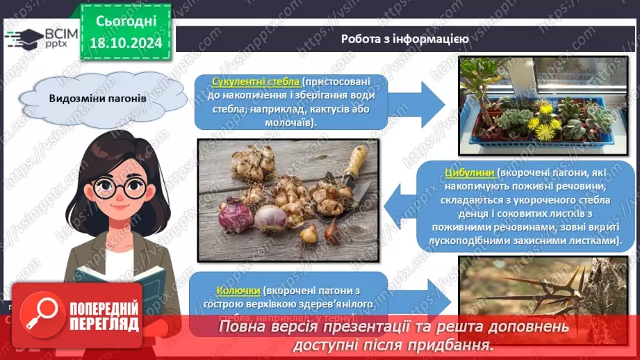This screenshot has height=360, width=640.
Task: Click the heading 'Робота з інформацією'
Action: [x=404, y=39]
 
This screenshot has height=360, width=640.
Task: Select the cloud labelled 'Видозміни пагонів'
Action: [x=97, y=98]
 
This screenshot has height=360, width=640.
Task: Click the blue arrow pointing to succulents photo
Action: [x=423, y=101]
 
